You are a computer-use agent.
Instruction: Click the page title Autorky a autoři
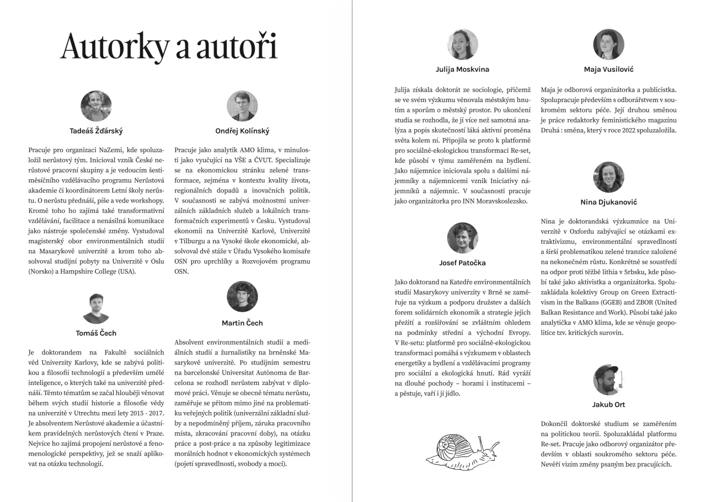(x=169, y=46)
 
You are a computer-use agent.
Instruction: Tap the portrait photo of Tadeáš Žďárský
(x=96, y=106)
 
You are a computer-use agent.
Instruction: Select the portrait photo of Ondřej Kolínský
(x=242, y=106)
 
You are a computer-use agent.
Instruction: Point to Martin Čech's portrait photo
(x=242, y=297)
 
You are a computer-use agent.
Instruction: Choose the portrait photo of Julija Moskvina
(x=462, y=45)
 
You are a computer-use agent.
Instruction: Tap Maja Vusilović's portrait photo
(x=608, y=45)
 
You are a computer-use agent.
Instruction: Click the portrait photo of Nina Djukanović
(x=608, y=177)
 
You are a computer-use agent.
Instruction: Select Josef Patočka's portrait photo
(x=462, y=238)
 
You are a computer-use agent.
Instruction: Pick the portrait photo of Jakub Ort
(x=608, y=380)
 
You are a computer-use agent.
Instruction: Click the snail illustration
(x=462, y=448)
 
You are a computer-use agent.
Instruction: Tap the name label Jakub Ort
(x=608, y=404)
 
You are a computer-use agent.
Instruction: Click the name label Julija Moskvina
(x=462, y=70)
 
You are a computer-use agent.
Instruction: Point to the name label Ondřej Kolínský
(x=242, y=131)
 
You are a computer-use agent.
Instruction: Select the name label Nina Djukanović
(x=608, y=202)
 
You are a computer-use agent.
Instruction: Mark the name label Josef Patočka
(x=462, y=263)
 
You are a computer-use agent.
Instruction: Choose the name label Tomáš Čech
(x=96, y=333)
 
